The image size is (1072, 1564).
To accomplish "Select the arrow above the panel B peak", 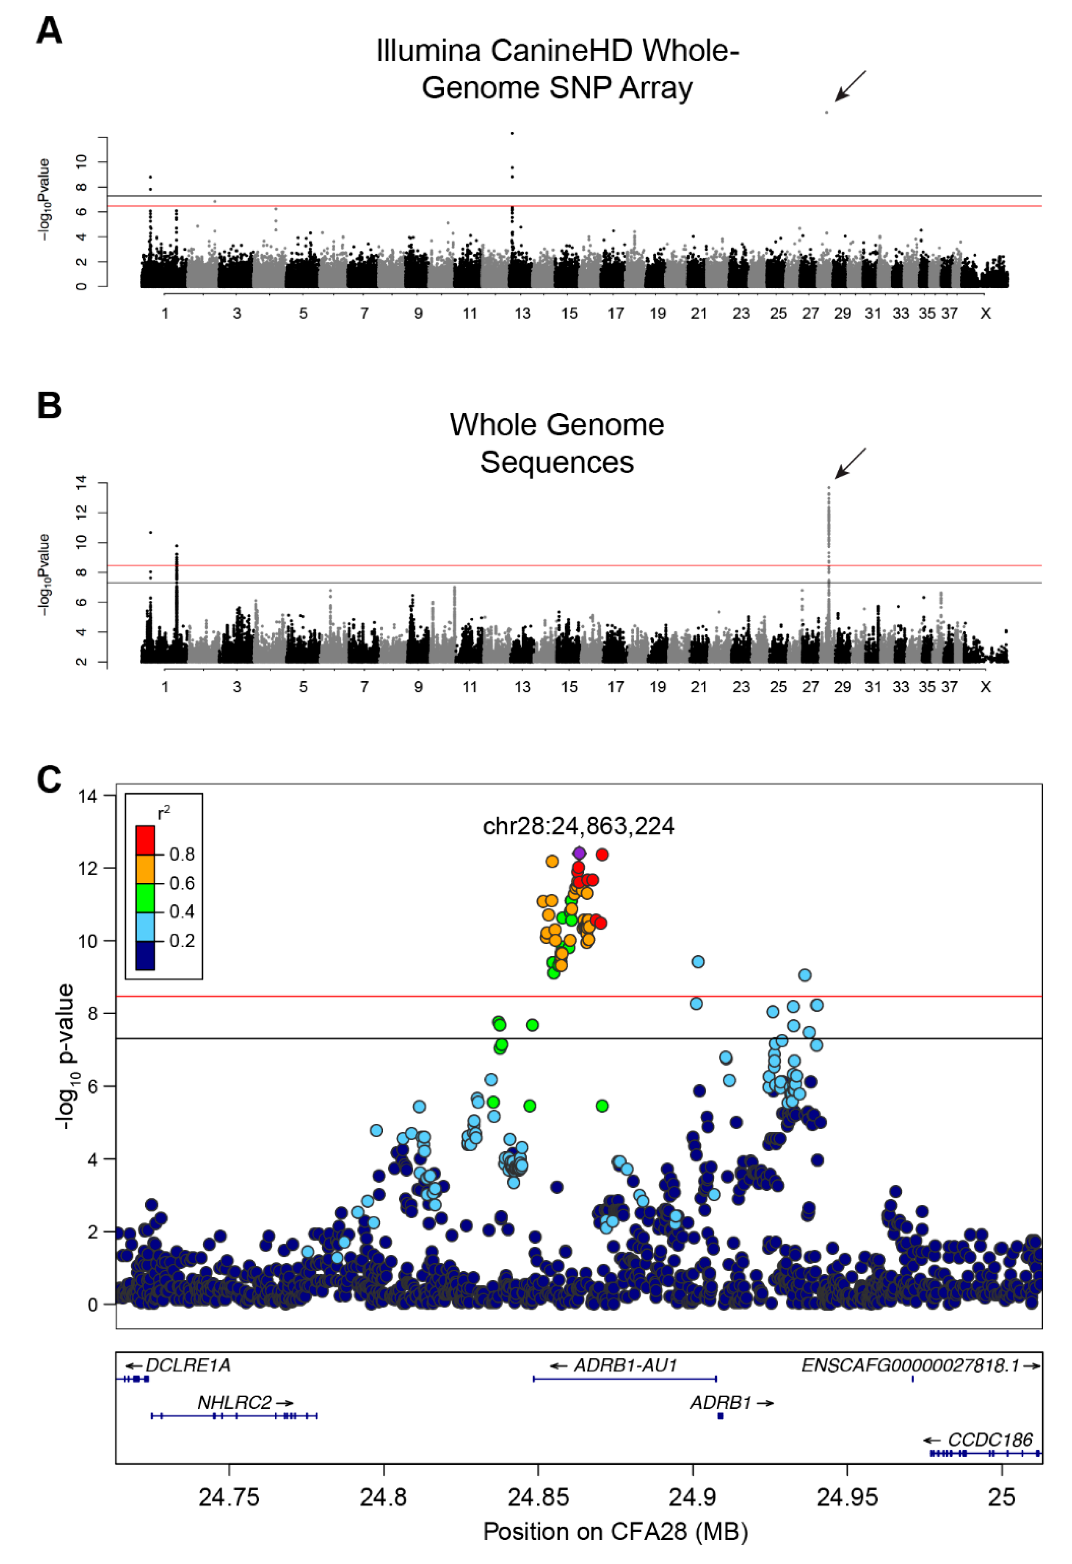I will pos(850,463).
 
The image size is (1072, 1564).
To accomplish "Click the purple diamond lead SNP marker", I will pos(579,853).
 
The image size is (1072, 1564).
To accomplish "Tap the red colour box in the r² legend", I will pos(145,840).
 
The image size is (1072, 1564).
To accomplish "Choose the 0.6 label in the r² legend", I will pos(182,883).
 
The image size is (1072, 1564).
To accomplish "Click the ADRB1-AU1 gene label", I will pos(624,1365).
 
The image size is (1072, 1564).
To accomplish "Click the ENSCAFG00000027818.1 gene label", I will pos(910,1365).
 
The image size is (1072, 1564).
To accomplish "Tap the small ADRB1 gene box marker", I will pos(721,1416).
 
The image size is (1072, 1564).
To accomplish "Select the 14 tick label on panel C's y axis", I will pos(88,796).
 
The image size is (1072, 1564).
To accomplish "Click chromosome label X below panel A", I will pos(985,314).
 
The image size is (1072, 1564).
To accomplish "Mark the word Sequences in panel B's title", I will pos(557,462).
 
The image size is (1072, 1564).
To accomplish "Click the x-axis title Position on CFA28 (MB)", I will pos(615,1532).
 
